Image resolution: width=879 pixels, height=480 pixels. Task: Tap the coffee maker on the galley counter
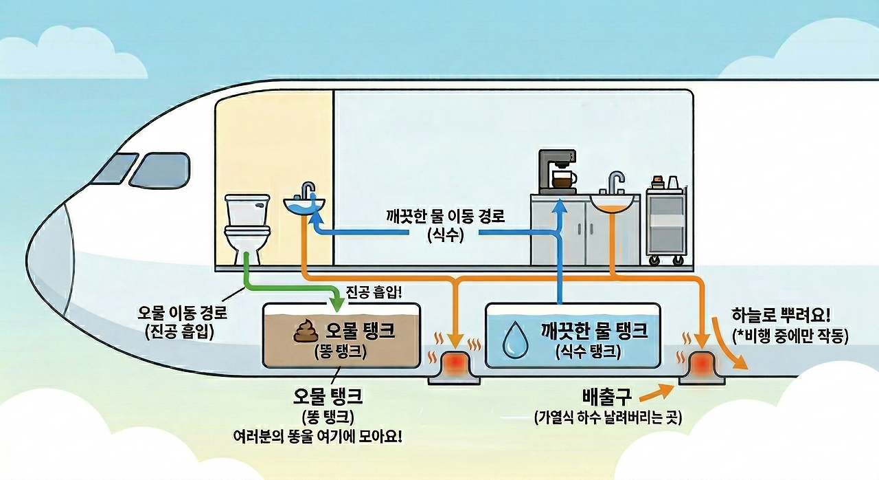[x=557, y=171]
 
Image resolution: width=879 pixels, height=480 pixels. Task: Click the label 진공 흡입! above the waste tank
[x=374, y=292]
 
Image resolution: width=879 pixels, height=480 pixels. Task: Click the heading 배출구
[x=606, y=397]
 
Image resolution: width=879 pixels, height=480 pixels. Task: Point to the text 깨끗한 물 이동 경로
[x=446, y=217]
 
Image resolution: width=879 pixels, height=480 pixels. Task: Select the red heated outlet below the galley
[x=699, y=362]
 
